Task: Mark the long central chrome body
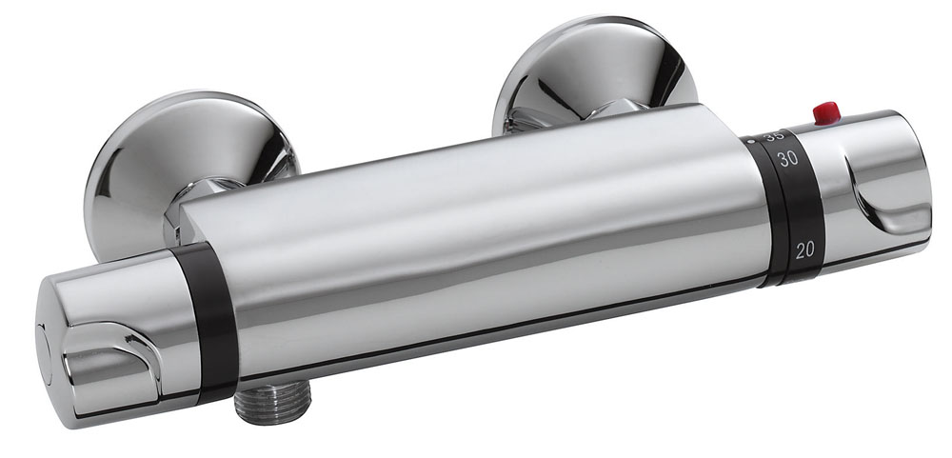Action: (476, 238)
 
